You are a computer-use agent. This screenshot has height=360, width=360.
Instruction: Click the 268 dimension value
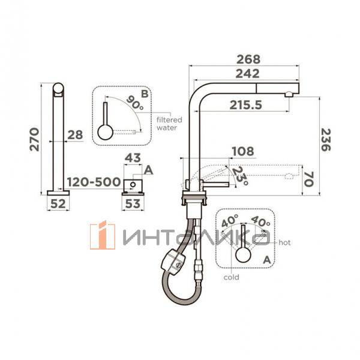(x=248, y=59)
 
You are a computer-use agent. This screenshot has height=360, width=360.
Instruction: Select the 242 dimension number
(x=247, y=74)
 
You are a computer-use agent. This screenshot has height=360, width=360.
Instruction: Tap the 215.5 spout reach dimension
(x=245, y=105)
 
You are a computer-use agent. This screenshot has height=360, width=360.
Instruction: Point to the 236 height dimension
(x=325, y=140)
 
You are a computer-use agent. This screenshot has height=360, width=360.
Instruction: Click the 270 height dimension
(x=34, y=139)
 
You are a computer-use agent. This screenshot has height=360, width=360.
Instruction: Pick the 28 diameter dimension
(x=75, y=135)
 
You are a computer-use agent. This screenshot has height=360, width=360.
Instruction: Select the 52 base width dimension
(x=58, y=203)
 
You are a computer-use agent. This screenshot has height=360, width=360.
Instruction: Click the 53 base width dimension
(x=133, y=203)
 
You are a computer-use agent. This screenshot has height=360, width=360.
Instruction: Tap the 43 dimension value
(x=133, y=158)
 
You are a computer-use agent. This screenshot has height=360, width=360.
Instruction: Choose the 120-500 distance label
(x=94, y=182)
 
